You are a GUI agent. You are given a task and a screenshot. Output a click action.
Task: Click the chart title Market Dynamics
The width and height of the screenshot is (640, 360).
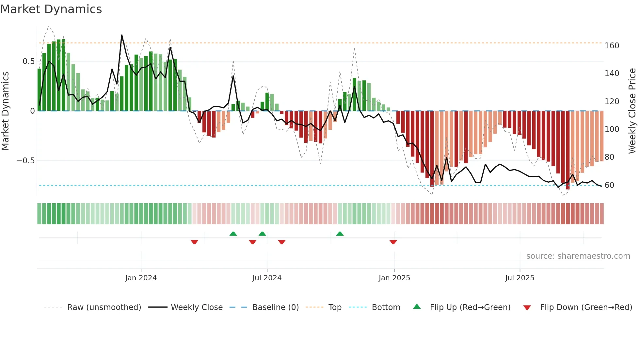point(51,9)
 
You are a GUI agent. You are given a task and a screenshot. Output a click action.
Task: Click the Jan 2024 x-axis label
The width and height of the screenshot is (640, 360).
point(141,278)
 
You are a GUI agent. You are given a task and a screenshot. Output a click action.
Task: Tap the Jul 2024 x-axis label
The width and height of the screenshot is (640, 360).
point(267,278)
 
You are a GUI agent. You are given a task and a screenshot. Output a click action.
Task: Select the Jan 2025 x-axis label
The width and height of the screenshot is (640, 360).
point(394,278)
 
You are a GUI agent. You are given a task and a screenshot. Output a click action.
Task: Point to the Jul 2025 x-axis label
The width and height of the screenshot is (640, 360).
point(520,278)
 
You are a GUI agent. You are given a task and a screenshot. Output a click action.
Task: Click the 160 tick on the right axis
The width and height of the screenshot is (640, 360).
point(612,46)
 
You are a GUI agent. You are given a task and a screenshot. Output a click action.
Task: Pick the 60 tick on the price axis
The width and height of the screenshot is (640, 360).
point(609,185)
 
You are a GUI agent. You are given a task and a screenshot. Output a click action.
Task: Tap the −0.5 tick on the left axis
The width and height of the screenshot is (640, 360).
point(25,161)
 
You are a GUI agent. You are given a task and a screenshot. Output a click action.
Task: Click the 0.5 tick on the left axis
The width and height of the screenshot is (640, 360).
point(28,61)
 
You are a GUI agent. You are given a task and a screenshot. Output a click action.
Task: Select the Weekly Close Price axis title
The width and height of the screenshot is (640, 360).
point(632,111)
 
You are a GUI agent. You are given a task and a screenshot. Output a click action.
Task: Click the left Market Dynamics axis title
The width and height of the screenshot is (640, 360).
point(5,111)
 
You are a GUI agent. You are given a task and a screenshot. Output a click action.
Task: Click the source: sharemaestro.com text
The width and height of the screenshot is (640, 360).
point(578,256)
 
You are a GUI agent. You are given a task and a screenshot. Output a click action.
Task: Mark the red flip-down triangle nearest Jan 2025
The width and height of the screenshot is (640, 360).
point(393,242)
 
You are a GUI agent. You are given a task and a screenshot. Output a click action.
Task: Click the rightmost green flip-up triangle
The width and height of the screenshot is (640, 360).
point(340,234)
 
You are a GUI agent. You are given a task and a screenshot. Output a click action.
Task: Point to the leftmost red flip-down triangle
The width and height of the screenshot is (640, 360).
point(194,242)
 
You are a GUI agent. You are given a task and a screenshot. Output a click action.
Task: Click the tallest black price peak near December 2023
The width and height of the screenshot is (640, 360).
point(122,35)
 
